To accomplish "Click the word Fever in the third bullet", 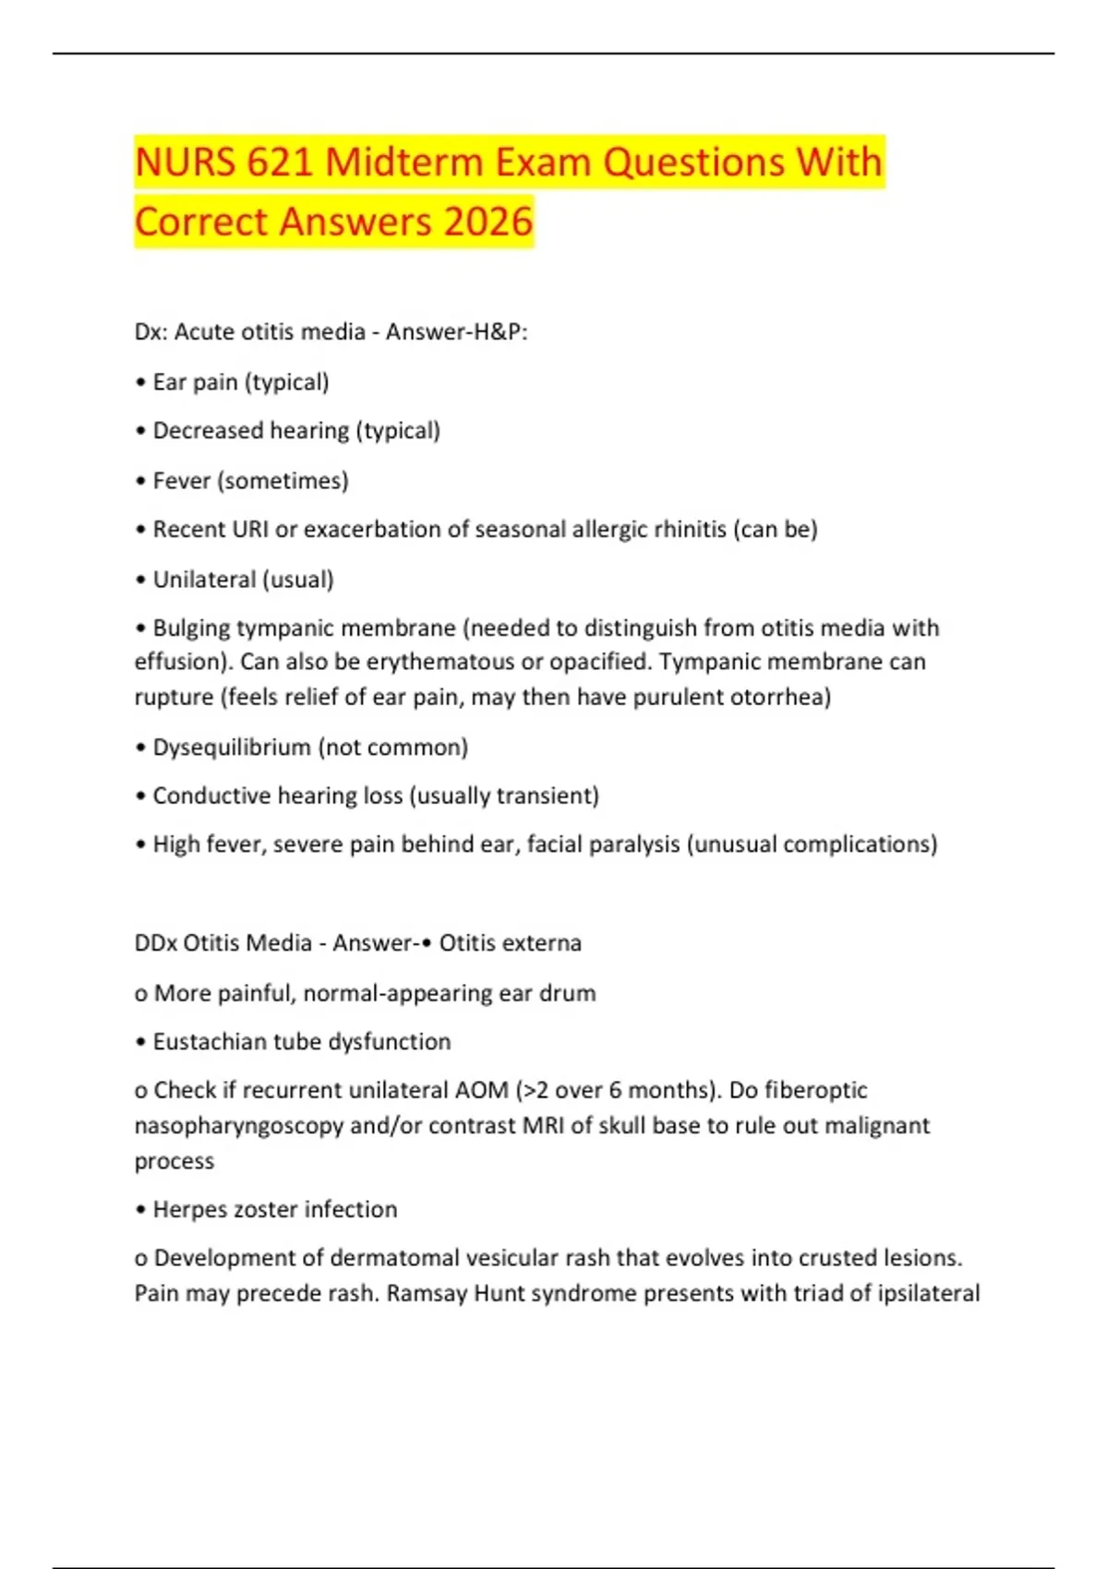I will point(181,481).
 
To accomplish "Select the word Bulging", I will point(191,629).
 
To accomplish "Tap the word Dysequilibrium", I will point(231,747).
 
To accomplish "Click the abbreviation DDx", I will point(155,943).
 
